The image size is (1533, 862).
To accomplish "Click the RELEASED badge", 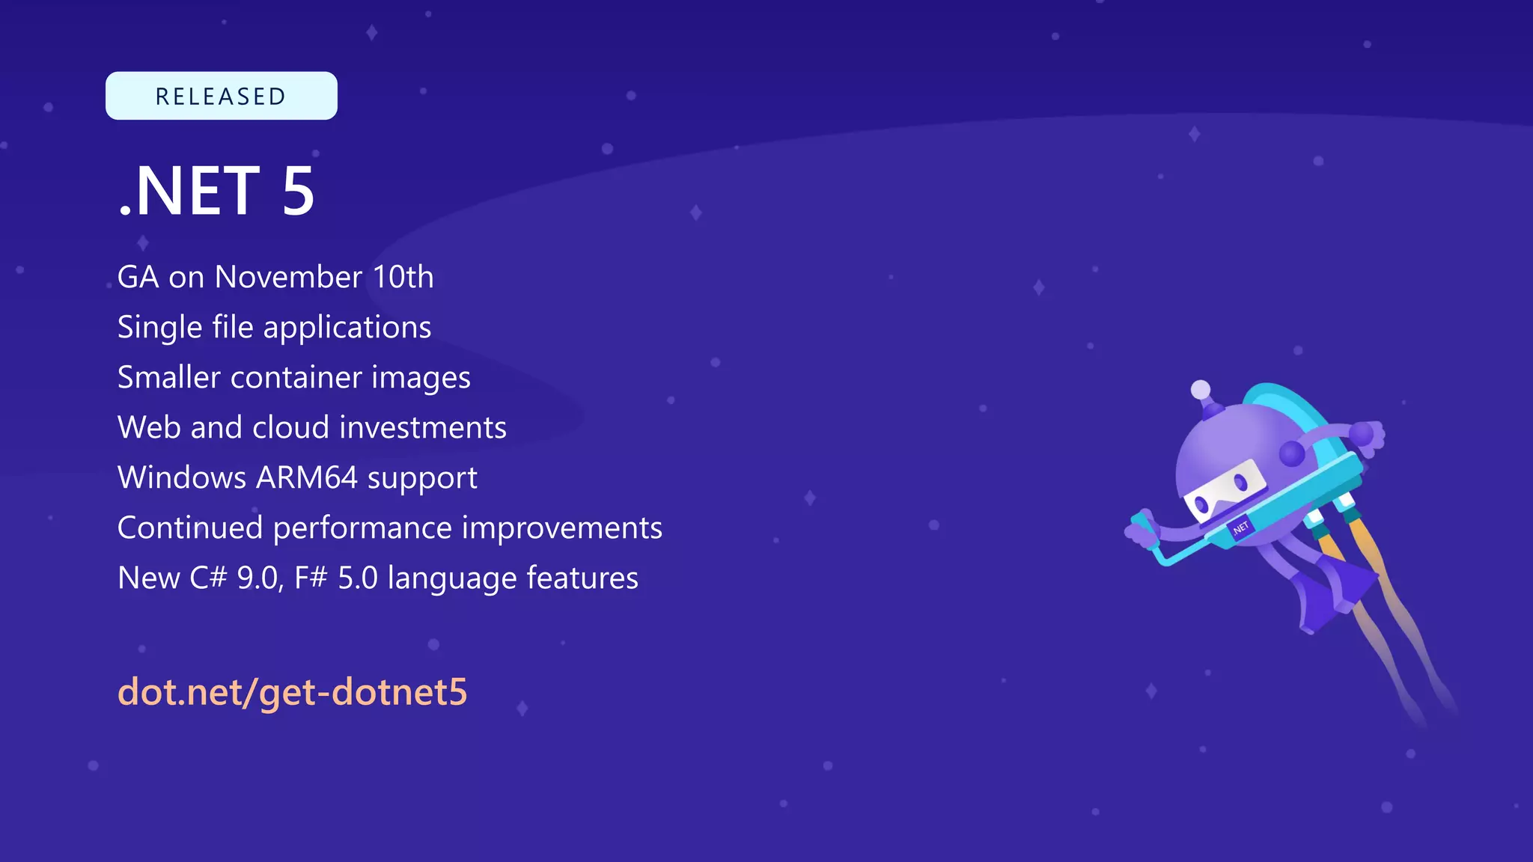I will tap(221, 96).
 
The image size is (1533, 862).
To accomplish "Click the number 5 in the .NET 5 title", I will tap(298, 192).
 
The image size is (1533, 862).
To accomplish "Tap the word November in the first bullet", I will tap(288, 277).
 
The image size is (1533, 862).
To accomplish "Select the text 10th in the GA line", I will tap(403, 277).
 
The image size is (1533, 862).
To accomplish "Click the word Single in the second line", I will tap(159, 328).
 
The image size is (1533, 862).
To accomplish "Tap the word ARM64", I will tap(307, 478).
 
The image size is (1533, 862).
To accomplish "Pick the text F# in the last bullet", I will tap(311, 578).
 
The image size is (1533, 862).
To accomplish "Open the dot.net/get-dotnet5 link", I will tap(292, 691).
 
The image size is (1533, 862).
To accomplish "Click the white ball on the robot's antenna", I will tap(1200, 389).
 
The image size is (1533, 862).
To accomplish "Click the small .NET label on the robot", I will tap(1240, 528).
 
